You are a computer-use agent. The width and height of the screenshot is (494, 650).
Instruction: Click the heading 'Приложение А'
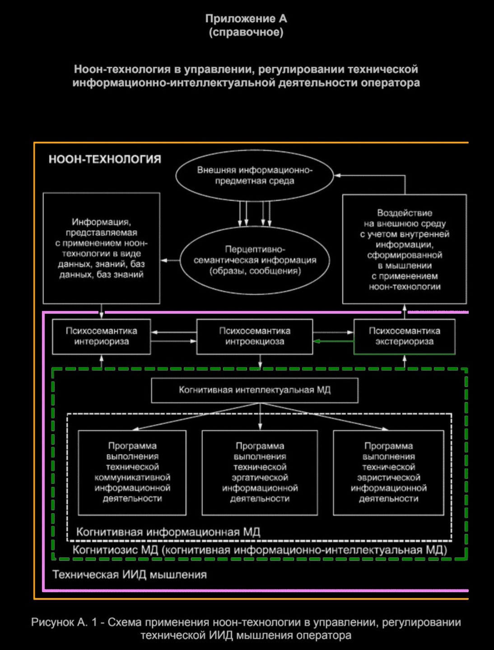(246, 19)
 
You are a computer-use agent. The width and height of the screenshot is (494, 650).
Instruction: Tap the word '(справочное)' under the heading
(246, 32)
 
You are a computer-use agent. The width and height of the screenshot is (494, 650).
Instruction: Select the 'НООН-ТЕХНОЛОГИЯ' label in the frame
(105, 159)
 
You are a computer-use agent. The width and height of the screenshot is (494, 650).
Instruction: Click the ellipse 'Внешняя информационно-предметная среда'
(254, 176)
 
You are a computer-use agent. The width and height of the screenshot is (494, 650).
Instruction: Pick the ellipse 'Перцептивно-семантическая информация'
(255, 260)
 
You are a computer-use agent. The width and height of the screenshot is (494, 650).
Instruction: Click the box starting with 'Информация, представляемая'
(101, 248)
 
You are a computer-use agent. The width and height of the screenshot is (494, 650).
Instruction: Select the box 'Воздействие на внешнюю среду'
(404, 249)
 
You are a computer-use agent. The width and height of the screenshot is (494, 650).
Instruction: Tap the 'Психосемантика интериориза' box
(101, 336)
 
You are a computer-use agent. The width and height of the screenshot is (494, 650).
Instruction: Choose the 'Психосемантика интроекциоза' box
(255, 336)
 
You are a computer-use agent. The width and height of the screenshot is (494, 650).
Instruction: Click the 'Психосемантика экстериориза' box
(404, 336)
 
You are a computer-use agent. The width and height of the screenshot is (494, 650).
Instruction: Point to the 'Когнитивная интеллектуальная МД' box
(255, 390)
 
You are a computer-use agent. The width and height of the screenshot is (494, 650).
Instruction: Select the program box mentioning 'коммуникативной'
(132, 472)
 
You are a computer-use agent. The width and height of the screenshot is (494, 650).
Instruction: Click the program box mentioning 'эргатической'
(260, 472)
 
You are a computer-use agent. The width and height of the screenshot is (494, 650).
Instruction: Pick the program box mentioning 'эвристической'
(388, 472)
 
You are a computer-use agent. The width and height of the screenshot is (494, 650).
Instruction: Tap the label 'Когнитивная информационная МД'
(168, 532)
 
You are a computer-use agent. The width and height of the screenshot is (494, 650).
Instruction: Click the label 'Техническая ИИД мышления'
(130, 575)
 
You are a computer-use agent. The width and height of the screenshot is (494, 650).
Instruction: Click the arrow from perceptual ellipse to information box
(170, 260)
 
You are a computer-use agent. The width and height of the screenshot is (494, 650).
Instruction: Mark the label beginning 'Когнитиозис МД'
(260, 550)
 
